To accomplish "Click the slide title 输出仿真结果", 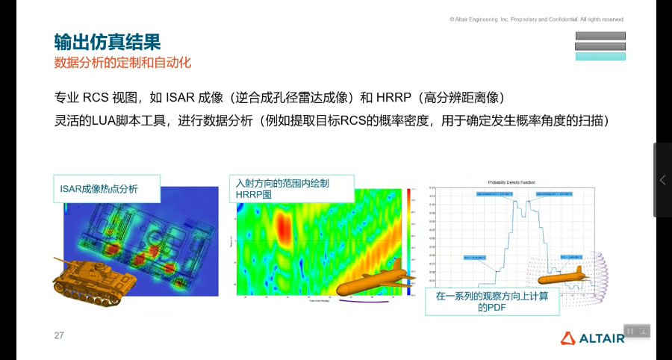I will (x=107, y=42).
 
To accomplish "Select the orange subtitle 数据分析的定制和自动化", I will (x=122, y=63).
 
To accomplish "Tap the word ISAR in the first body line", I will (x=181, y=98).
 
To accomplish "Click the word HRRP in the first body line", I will (x=396, y=98).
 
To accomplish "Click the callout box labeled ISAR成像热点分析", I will (x=105, y=189).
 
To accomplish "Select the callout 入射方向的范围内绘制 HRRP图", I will (x=292, y=188).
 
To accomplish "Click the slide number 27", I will (x=59, y=335).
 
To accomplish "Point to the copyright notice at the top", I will (x=536, y=19).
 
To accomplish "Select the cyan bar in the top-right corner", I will (x=600, y=56).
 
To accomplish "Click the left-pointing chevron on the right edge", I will (x=662, y=180).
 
